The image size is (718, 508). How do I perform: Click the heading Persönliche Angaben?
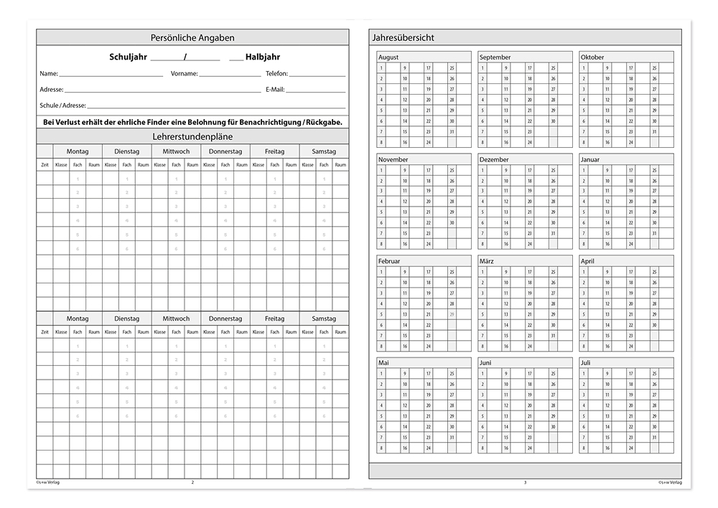pyautogui.click(x=192, y=37)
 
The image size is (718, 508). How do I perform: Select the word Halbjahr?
pyautogui.click(x=263, y=57)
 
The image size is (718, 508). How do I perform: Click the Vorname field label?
pyautogui.click(x=184, y=74)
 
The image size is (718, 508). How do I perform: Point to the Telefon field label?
pyautogui.click(x=276, y=74)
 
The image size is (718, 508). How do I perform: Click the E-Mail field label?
pyautogui.click(x=275, y=90)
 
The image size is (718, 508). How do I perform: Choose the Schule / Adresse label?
pyautogui.click(x=63, y=105)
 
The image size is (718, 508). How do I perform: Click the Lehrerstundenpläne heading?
pyautogui.click(x=192, y=136)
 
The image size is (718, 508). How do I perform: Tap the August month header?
pyautogui.click(x=388, y=57)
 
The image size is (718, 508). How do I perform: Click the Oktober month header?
pyautogui.click(x=592, y=57)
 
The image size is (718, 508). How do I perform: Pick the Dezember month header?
pyautogui.click(x=494, y=159)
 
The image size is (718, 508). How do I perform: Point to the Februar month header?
pyautogui.click(x=389, y=261)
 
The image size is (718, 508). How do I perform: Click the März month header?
pyautogui.click(x=487, y=261)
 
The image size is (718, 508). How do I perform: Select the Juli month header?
pyautogui.click(x=587, y=363)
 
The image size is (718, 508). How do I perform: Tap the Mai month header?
pyautogui.click(x=383, y=363)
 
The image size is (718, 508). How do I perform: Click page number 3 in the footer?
pyautogui.click(x=525, y=482)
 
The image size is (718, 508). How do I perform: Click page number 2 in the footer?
pyautogui.click(x=192, y=482)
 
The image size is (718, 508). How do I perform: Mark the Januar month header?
pyautogui.click(x=590, y=159)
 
